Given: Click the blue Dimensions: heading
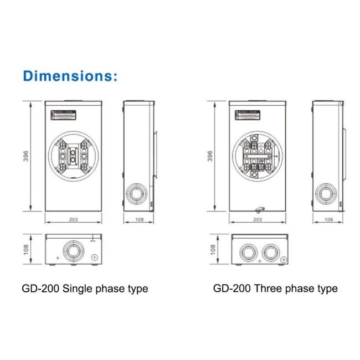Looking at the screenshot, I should coord(70,76).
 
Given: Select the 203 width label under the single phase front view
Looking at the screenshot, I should coord(73,220).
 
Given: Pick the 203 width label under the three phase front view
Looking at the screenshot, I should coord(257,220).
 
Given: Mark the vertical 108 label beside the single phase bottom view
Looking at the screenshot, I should coord(26,249).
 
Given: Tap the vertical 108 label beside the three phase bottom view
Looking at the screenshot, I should coord(212,249).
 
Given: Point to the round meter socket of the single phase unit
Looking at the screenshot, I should coord(73,157).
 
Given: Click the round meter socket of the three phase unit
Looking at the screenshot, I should coord(257,157).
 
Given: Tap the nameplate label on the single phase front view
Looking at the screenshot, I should coord(64,115).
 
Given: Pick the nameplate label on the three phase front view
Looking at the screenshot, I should coord(248,115).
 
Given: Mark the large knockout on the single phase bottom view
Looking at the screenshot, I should coord(72,250).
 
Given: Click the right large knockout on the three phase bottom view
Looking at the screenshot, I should coord(271,252).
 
